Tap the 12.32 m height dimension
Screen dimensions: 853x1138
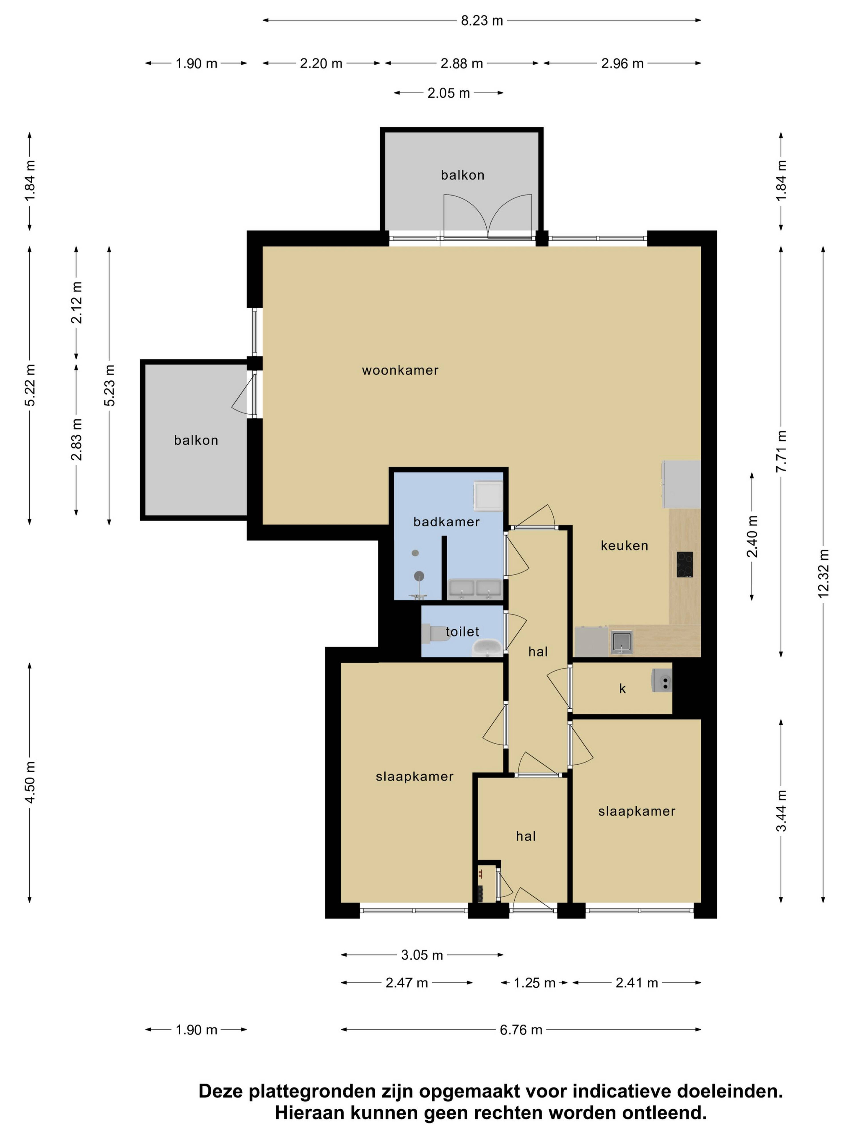pyautogui.click(x=823, y=574)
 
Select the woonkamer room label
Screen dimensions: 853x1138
pyautogui.click(x=400, y=371)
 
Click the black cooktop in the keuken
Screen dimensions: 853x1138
pyautogui.click(x=684, y=564)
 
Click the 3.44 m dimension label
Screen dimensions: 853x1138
pyautogui.click(x=781, y=811)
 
